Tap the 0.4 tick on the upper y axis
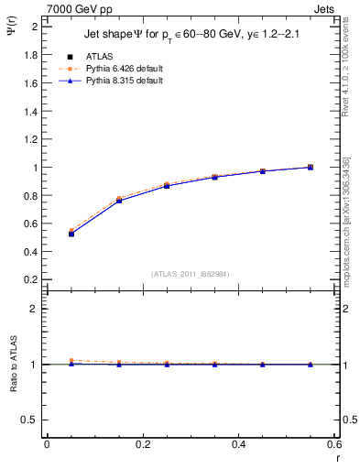pos(30,252)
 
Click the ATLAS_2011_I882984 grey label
pos(190,274)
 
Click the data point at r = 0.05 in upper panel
pos(71,234)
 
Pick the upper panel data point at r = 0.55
pos(311,167)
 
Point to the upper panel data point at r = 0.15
pos(119,200)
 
